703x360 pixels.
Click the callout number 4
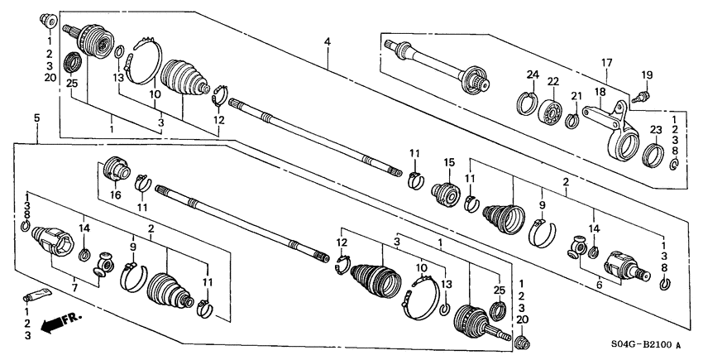click(x=328, y=41)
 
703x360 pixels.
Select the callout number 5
click(x=36, y=119)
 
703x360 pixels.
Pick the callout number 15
click(x=451, y=162)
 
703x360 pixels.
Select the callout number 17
click(x=606, y=63)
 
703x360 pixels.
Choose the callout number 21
click(x=576, y=96)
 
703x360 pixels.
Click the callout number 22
click(x=552, y=81)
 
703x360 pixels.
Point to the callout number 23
click(x=656, y=129)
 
